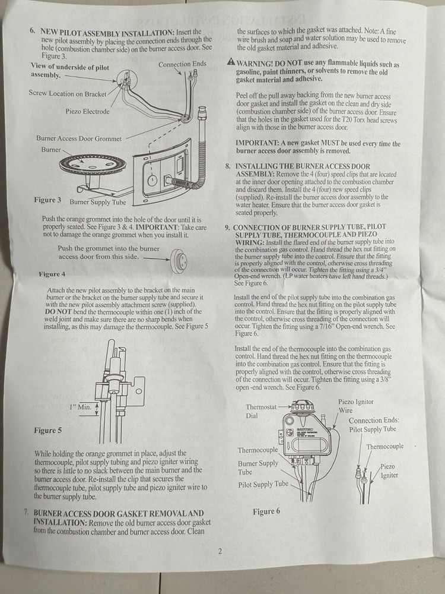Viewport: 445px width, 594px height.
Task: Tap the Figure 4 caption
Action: pyautogui.click(x=52, y=274)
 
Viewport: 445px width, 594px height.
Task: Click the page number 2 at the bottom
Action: pyautogui.click(x=220, y=551)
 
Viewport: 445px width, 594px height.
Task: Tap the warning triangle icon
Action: pyautogui.click(x=230, y=62)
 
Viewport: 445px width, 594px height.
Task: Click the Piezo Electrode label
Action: pyautogui.click(x=87, y=111)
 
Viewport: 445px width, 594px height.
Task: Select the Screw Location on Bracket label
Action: pyautogui.click(x=68, y=93)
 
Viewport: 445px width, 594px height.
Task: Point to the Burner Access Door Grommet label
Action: pyautogui.click(x=78, y=138)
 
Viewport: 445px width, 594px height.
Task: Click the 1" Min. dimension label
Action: pyautogui.click(x=80, y=407)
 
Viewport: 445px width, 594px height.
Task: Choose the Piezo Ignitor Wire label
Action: pyautogui.click(x=355, y=406)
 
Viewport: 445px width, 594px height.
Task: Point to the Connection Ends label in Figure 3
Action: pyautogui.click(x=183, y=64)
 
